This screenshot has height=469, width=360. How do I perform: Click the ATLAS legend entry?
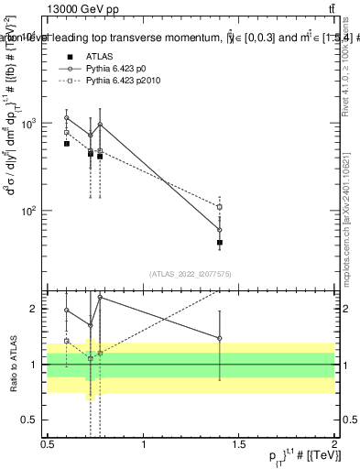tap(99, 56)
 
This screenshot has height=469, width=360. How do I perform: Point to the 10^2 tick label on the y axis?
tap(29, 211)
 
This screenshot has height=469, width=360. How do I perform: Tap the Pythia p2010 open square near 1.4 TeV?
tap(220, 207)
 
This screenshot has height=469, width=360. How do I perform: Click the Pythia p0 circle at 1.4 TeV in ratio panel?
tap(220, 338)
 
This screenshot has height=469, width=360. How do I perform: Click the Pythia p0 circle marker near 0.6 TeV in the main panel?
tap(67, 118)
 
